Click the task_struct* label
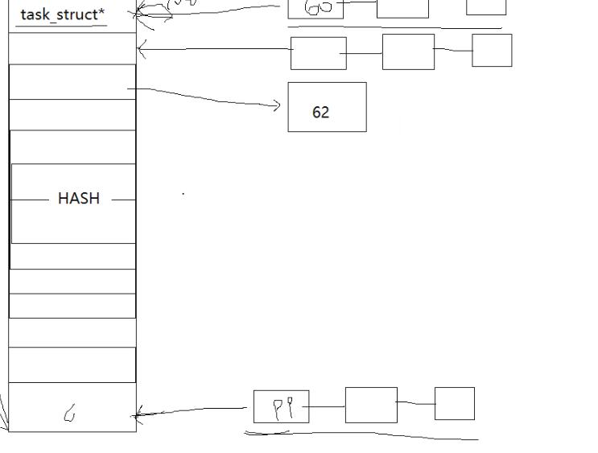click(62, 14)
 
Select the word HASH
click(79, 199)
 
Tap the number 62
click(320, 113)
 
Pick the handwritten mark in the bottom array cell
click(70, 414)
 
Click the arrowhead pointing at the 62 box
click(277, 105)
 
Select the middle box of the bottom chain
click(371, 405)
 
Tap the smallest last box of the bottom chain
click(454, 403)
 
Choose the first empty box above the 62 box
click(319, 54)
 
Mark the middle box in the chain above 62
click(408, 52)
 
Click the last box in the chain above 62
click(492, 50)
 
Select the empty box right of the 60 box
click(402, 8)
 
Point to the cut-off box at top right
click(486, 6)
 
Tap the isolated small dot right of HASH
click(184, 194)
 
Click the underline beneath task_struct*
click(61, 27)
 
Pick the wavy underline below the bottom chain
click(362, 435)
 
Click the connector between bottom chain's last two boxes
click(416, 402)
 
